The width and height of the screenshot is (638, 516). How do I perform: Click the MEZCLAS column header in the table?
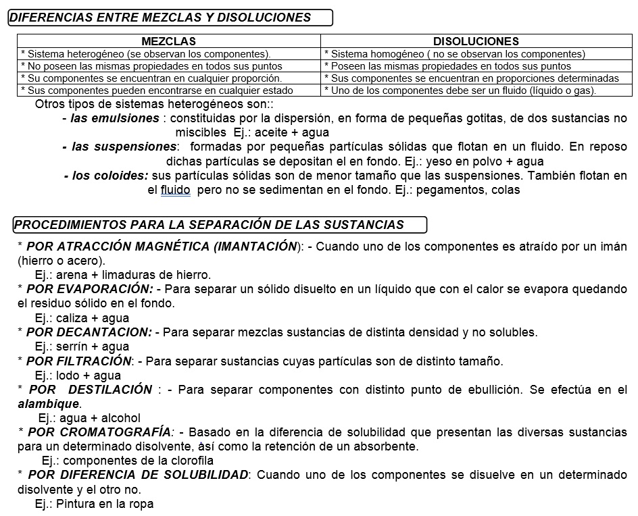coord(169,41)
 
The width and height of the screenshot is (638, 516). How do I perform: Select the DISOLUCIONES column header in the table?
coord(476,41)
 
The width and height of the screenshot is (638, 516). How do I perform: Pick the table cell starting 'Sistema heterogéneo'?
coord(146,54)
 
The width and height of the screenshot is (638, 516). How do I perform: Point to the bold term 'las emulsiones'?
coord(115,118)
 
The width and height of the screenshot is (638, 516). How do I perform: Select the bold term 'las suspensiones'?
coord(124,147)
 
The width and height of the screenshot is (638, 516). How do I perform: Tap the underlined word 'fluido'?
coord(176,190)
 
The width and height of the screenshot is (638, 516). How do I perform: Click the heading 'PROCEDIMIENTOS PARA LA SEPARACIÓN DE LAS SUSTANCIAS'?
coord(209,225)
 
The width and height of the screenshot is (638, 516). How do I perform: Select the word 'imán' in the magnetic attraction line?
coord(614,246)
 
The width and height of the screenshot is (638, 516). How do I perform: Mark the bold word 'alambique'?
coord(48,404)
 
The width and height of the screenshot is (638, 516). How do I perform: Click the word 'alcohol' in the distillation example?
coord(120,418)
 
